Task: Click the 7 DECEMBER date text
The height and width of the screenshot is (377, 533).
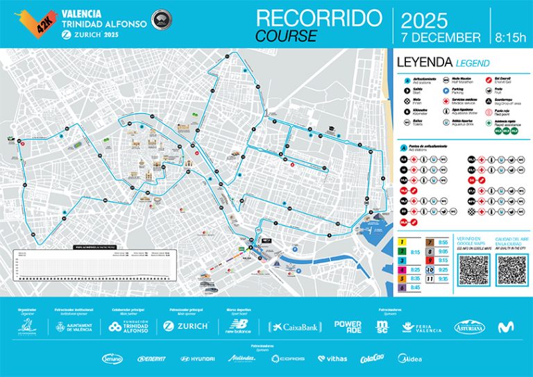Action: [x=441, y=37]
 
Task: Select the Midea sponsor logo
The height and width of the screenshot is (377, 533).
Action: [x=408, y=359]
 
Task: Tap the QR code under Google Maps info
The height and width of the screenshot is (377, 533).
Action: [x=475, y=269]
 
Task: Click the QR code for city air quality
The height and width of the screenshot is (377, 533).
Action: [x=512, y=269]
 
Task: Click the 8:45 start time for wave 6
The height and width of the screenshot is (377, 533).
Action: [x=415, y=286]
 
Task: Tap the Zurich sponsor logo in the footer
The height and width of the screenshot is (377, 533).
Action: [x=185, y=326]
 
